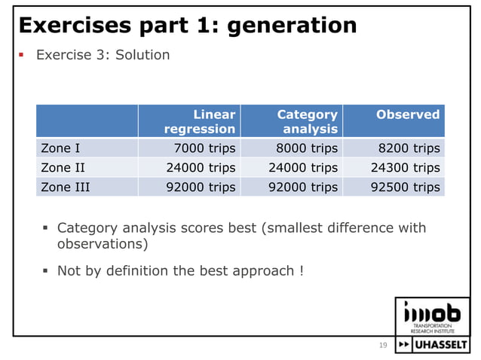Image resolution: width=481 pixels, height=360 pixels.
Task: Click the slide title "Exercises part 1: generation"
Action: pos(187,26)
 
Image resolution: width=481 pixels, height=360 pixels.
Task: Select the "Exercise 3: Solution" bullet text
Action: pos(103,55)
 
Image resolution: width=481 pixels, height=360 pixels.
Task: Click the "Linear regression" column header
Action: pos(200,121)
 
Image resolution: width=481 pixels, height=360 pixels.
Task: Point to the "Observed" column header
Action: pos(407,114)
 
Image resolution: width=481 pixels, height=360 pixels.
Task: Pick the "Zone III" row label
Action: pos(66,187)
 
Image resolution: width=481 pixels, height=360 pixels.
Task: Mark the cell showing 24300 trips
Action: pos(405,167)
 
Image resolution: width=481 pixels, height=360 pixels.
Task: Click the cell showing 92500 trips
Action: pos(405,187)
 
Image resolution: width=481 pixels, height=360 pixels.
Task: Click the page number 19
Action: pos(382,345)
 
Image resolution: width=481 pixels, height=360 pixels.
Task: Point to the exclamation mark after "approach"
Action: pos(301,270)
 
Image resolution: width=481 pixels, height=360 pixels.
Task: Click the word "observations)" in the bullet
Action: pos(102,245)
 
